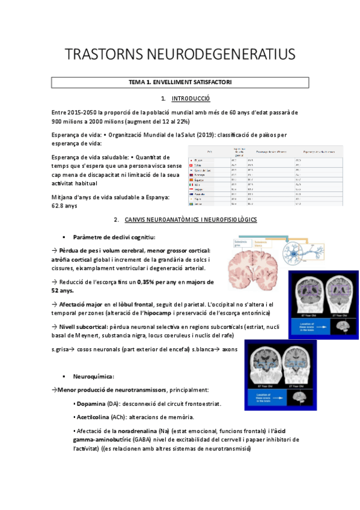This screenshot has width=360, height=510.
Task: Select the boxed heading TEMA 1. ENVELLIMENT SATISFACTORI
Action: (x=180, y=82)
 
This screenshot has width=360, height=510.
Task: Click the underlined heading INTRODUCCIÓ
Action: (x=191, y=98)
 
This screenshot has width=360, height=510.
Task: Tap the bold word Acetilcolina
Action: (x=94, y=417)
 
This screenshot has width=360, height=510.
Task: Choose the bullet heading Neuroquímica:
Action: (x=94, y=376)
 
